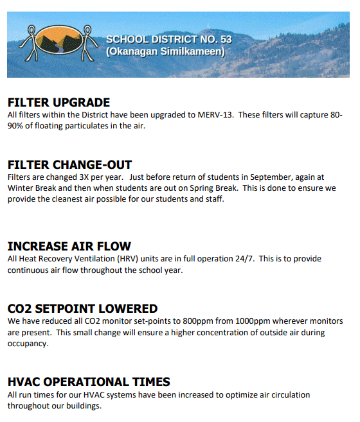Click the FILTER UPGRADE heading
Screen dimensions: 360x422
point(59,103)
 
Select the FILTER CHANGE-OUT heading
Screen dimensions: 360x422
point(69,165)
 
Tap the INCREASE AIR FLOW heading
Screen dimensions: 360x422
point(69,247)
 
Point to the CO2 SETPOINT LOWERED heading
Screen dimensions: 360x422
point(82,309)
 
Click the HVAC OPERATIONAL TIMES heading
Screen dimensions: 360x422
point(89,382)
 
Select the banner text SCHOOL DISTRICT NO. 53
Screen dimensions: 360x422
point(169,40)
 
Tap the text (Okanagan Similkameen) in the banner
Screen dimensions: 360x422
point(165,51)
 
